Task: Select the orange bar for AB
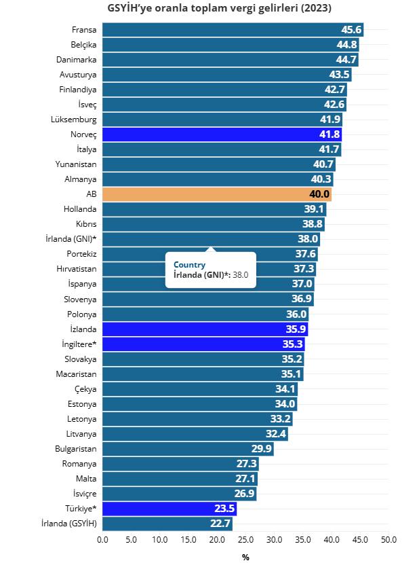pyautogui.click(x=217, y=194)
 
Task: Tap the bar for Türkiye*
pyautogui.click(x=169, y=509)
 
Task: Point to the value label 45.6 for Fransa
pyautogui.click(x=351, y=30)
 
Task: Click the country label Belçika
pyautogui.click(x=83, y=45)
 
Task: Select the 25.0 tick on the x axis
pyautogui.click(x=245, y=539)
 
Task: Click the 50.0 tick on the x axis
pyautogui.click(x=388, y=539)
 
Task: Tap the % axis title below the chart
pyautogui.click(x=245, y=557)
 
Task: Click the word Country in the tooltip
pyautogui.click(x=190, y=264)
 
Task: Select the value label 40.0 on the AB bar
pyautogui.click(x=319, y=195)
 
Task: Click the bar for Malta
pyautogui.click(x=180, y=479)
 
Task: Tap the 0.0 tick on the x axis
pyautogui.click(x=103, y=539)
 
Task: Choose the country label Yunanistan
pyautogui.click(x=76, y=164)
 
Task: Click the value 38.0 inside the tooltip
pyautogui.click(x=241, y=274)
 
